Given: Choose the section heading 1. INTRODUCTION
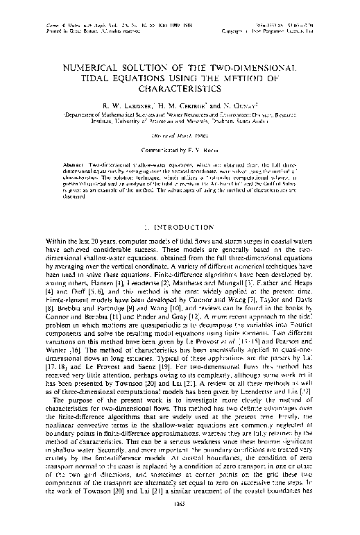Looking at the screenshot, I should coord(180,226).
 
